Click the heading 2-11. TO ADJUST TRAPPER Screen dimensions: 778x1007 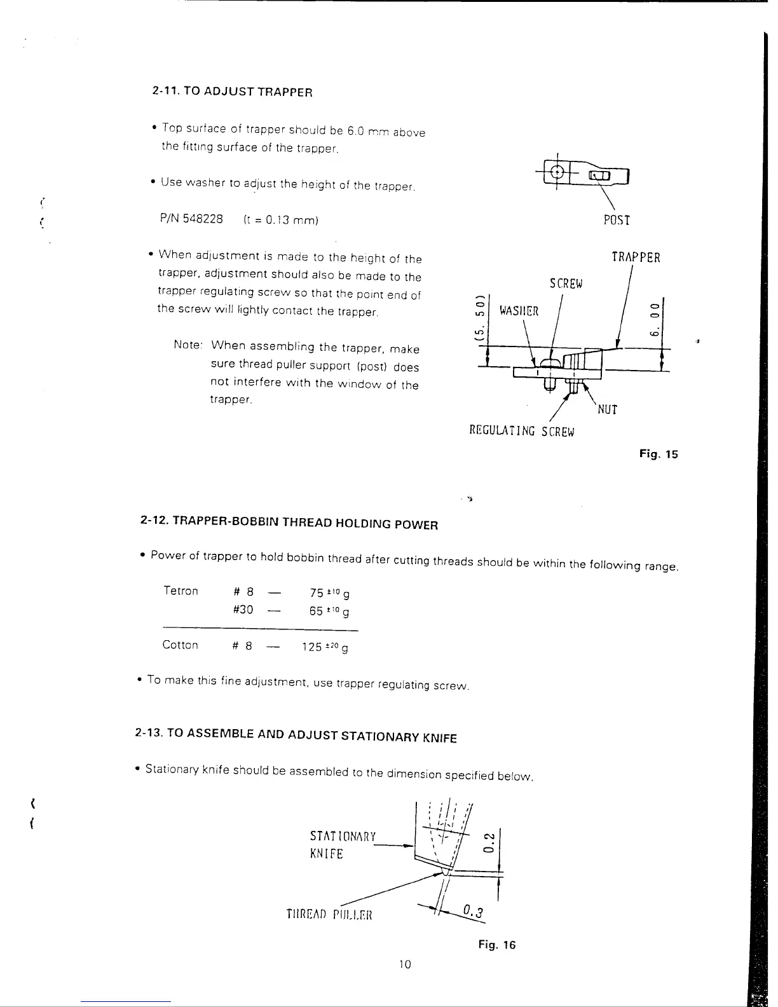233,92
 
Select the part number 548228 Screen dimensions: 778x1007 202,219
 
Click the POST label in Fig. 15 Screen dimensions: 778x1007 616,221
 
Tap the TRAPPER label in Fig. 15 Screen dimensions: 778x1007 635,257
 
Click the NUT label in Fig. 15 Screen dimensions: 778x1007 608,409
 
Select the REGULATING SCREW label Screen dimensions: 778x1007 521,432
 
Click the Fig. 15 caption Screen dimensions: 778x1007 659,454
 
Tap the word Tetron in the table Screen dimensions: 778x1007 181,591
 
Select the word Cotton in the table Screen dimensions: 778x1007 180,645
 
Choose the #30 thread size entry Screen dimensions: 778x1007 243,610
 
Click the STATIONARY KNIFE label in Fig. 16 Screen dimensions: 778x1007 343,845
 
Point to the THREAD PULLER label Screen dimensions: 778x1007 329,915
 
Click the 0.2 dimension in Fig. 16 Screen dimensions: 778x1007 489,843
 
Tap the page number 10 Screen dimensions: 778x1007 405,964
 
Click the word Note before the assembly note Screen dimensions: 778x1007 188,345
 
